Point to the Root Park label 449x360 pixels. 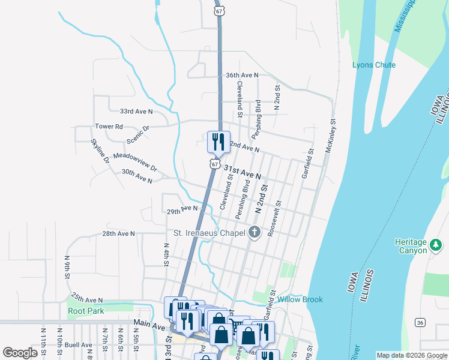pos(86,311)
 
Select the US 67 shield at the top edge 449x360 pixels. pos(220,11)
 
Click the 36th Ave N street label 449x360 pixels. pos(242,75)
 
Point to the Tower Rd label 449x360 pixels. pos(109,127)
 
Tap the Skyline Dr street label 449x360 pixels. pos(100,151)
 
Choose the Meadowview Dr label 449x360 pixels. pos(134,161)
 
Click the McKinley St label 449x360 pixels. pos(330,134)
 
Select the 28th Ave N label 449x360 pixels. pos(118,233)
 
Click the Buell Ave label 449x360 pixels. pos(79,345)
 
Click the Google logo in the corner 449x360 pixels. pos(20,353)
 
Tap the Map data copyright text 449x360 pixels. pos(412,356)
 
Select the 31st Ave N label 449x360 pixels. pos(243,173)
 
